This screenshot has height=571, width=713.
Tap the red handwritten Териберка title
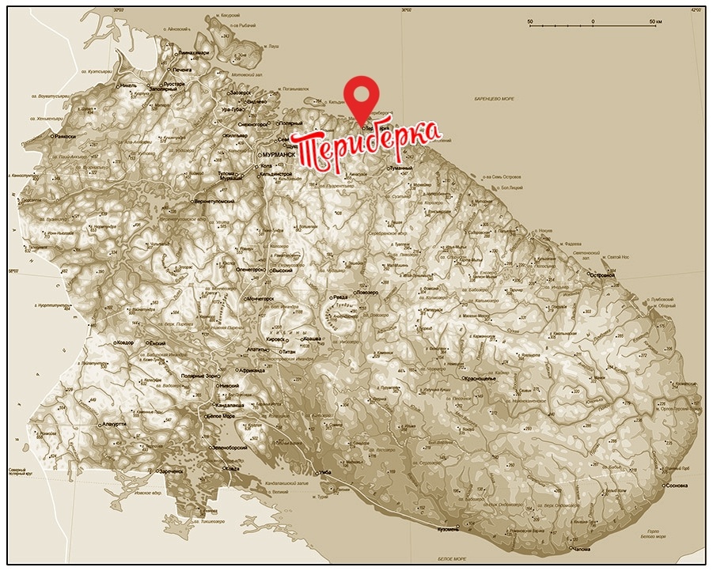(366, 146)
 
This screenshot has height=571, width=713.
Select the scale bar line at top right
(593, 26)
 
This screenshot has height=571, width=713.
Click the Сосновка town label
(679, 485)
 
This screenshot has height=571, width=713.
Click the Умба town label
(324, 473)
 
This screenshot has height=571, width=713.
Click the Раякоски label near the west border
(65, 136)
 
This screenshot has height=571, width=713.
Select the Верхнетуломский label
(214, 202)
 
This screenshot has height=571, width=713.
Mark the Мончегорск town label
(260, 301)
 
